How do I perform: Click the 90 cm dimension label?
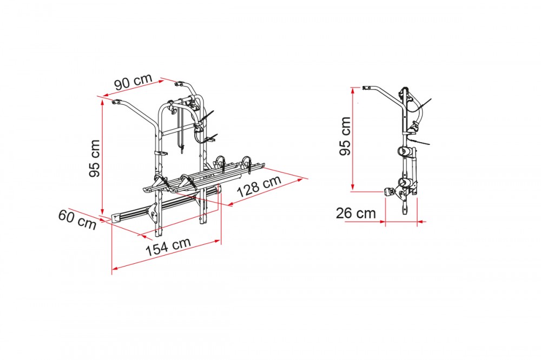pyautogui.click(x=133, y=82)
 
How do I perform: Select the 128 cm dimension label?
pyautogui.click(x=259, y=185)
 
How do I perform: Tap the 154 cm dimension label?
pyautogui.click(x=168, y=246)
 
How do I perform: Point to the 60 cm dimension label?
pyautogui.click(x=77, y=219)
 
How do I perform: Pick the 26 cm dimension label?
pyautogui.click(x=356, y=214)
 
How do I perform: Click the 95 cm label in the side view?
pyautogui.click(x=345, y=136)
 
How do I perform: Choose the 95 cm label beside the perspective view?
pyautogui.click(x=94, y=158)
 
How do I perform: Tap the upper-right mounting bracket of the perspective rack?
pyautogui.click(x=179, y=84)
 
